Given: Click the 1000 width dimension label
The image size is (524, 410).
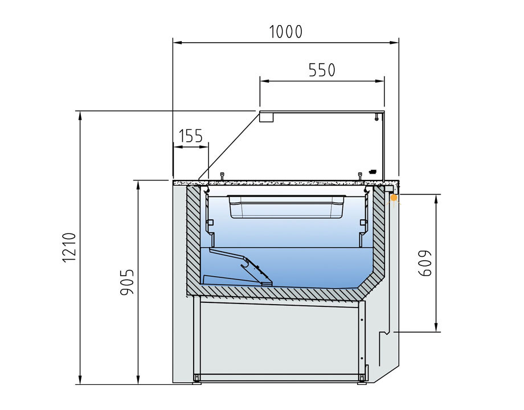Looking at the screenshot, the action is coord(286,32).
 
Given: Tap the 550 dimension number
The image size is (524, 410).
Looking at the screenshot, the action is coord(322,70).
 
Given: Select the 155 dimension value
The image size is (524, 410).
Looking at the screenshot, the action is coord(190,136).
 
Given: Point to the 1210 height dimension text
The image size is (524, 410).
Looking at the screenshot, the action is coord(69,248).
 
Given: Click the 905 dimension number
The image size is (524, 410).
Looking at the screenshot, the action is coord(127,282).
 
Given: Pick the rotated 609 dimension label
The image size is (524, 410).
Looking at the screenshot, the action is coord(425,263).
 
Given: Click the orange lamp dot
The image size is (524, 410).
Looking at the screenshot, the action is coord(394,198).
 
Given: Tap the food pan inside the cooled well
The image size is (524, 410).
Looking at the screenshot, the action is coord(286,207).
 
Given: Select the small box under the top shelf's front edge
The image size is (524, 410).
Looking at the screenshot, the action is coord(267,117).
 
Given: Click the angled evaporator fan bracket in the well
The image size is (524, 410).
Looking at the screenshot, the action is coord(240,266).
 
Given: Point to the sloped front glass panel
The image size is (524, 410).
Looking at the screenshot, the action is coord(229,145).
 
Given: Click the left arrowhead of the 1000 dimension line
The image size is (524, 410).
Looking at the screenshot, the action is coord(177,43).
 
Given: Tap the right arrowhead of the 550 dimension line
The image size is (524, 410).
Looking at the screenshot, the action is coord(380,81).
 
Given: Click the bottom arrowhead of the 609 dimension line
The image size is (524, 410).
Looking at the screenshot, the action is coord(436,328).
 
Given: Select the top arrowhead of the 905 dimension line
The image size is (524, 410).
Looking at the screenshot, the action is coord(138,185).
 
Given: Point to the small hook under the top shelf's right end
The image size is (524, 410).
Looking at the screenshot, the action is coord(376,117).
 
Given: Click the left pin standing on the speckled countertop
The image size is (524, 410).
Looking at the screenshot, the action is coord(222,176).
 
